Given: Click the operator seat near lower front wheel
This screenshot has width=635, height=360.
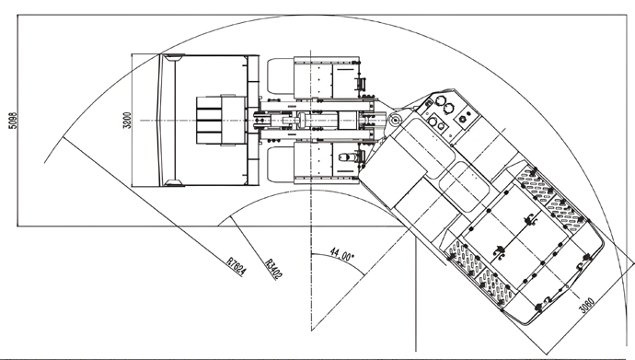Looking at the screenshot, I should tap(348, 158).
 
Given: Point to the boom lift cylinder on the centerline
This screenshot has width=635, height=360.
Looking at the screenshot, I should tap(304, 121).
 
